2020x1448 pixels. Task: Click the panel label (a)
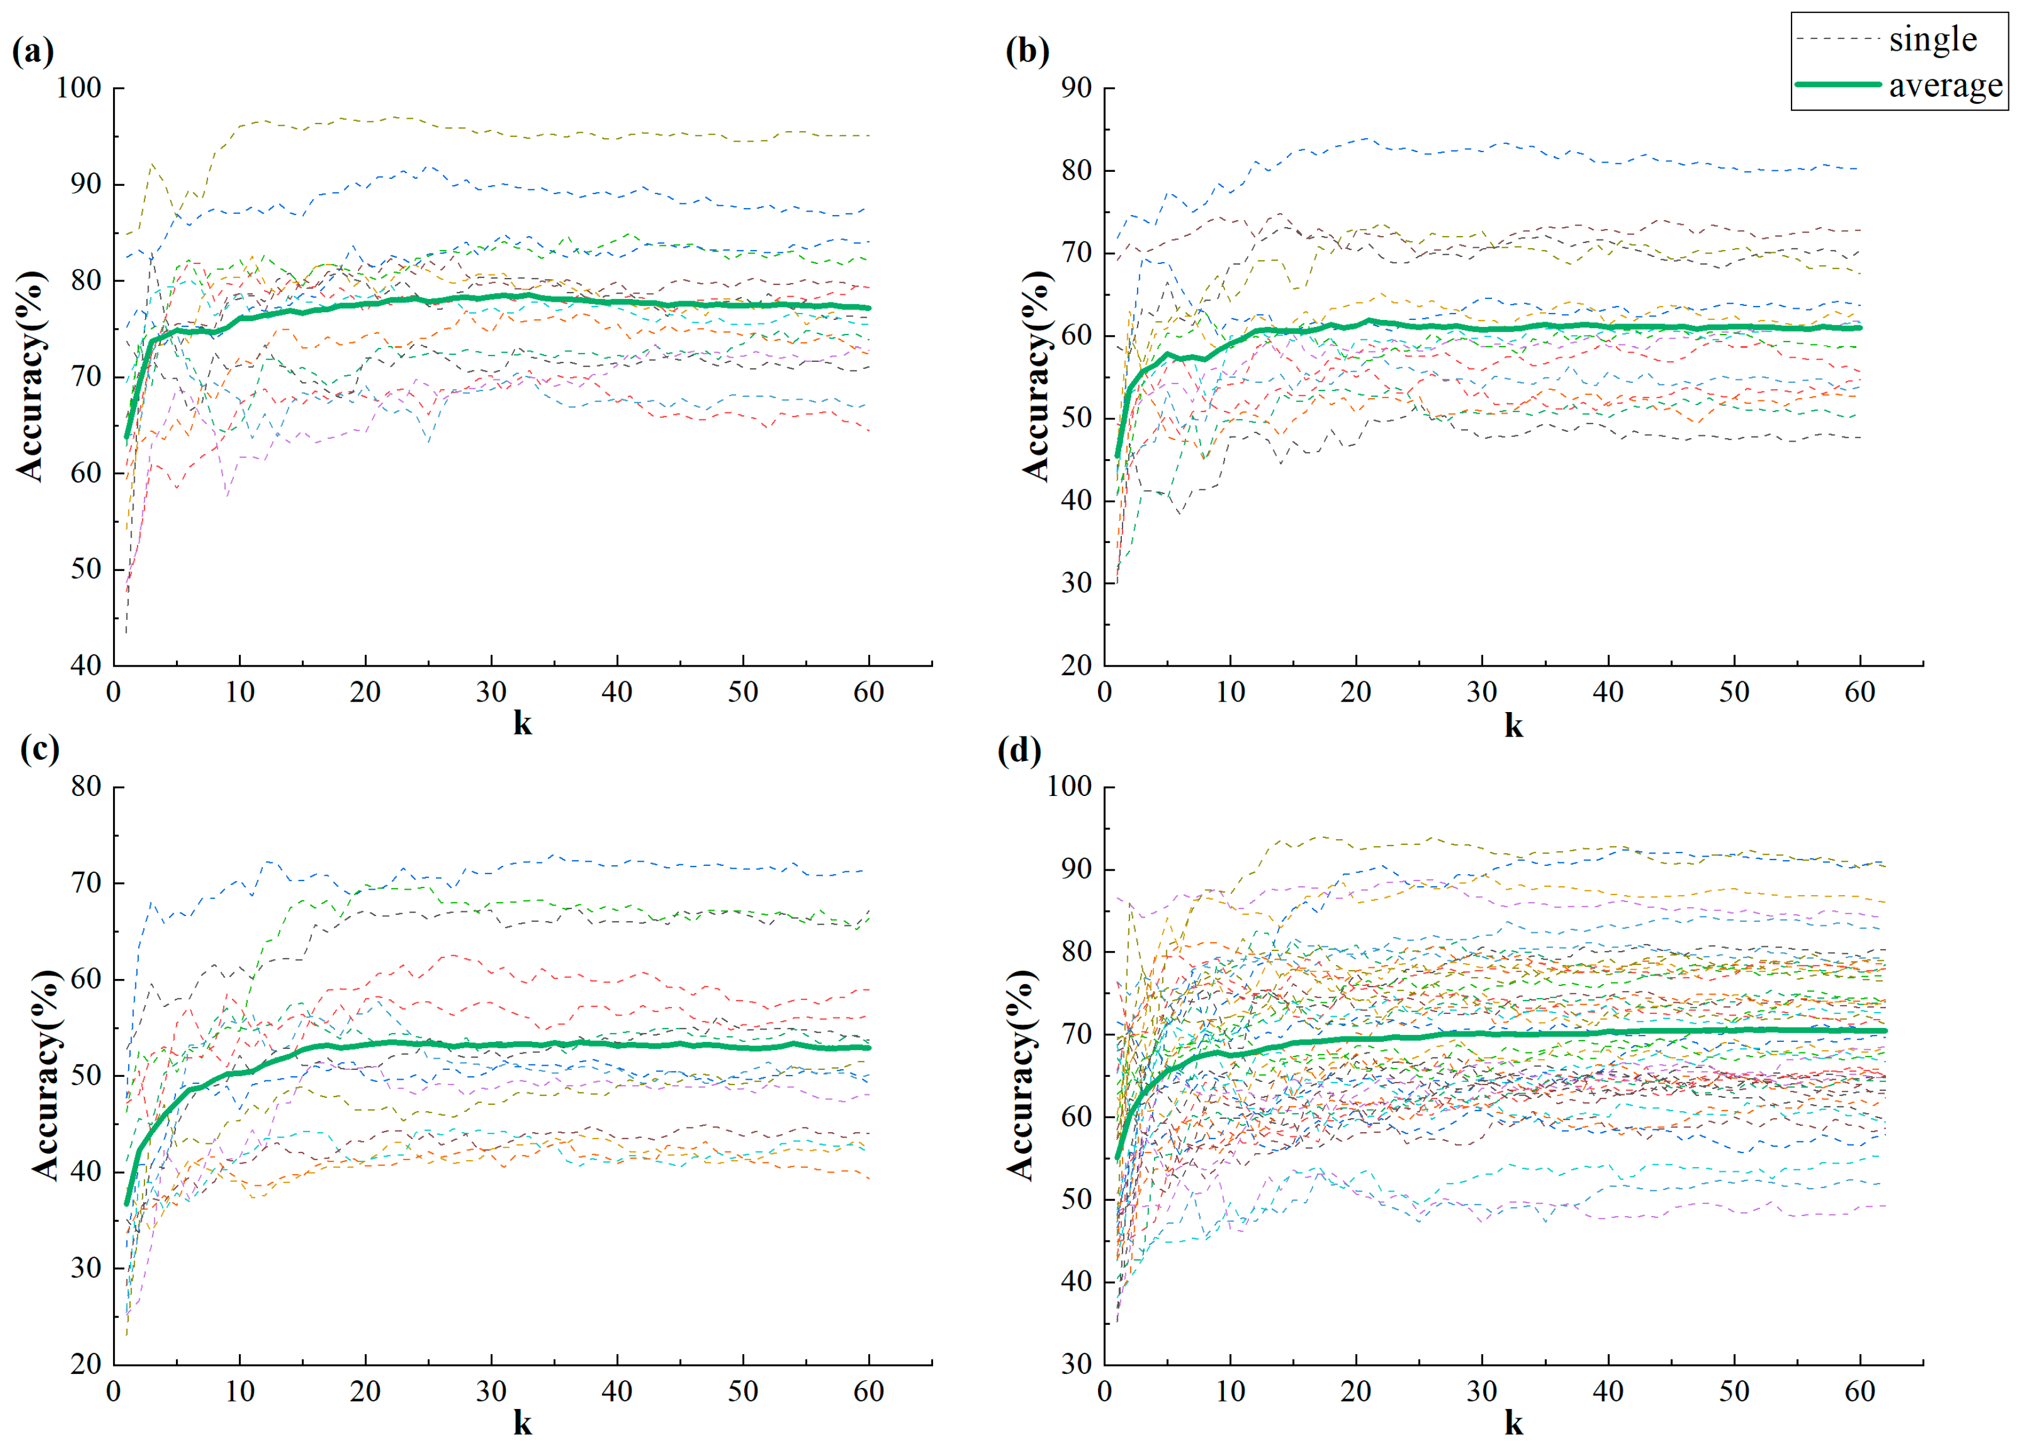click(x=33, y=52)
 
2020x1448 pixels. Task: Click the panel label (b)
click(x=1027, y=52)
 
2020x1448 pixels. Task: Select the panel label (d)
click(x=1019, y=751)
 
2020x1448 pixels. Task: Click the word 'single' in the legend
click(x=1933, y=39)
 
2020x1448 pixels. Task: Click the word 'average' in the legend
click(x=1945, y=86)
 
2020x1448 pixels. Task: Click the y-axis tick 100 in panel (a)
click(x=78, y=88)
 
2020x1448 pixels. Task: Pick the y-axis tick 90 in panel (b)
click(x=1076, y=88)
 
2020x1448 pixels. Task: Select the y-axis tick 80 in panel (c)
click(x=86, y=786)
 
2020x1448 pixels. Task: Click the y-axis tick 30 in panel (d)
click(x=1076, y=1364)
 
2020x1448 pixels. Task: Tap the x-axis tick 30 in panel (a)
click(x=491, y=693)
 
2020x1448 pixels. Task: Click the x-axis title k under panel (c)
click(x=523, y=1423)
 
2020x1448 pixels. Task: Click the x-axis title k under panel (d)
click(x=1513, y=1423)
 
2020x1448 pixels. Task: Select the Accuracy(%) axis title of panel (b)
click(x=1036, y=376)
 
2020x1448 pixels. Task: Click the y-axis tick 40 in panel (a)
click(x=86, y=665)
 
